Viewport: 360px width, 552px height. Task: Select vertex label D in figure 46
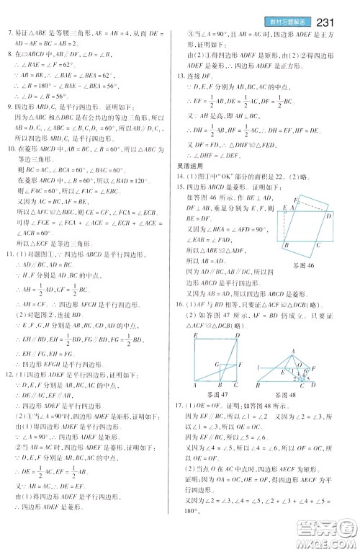(x=328, y=215)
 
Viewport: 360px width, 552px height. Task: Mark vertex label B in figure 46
(x=287, y=245)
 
